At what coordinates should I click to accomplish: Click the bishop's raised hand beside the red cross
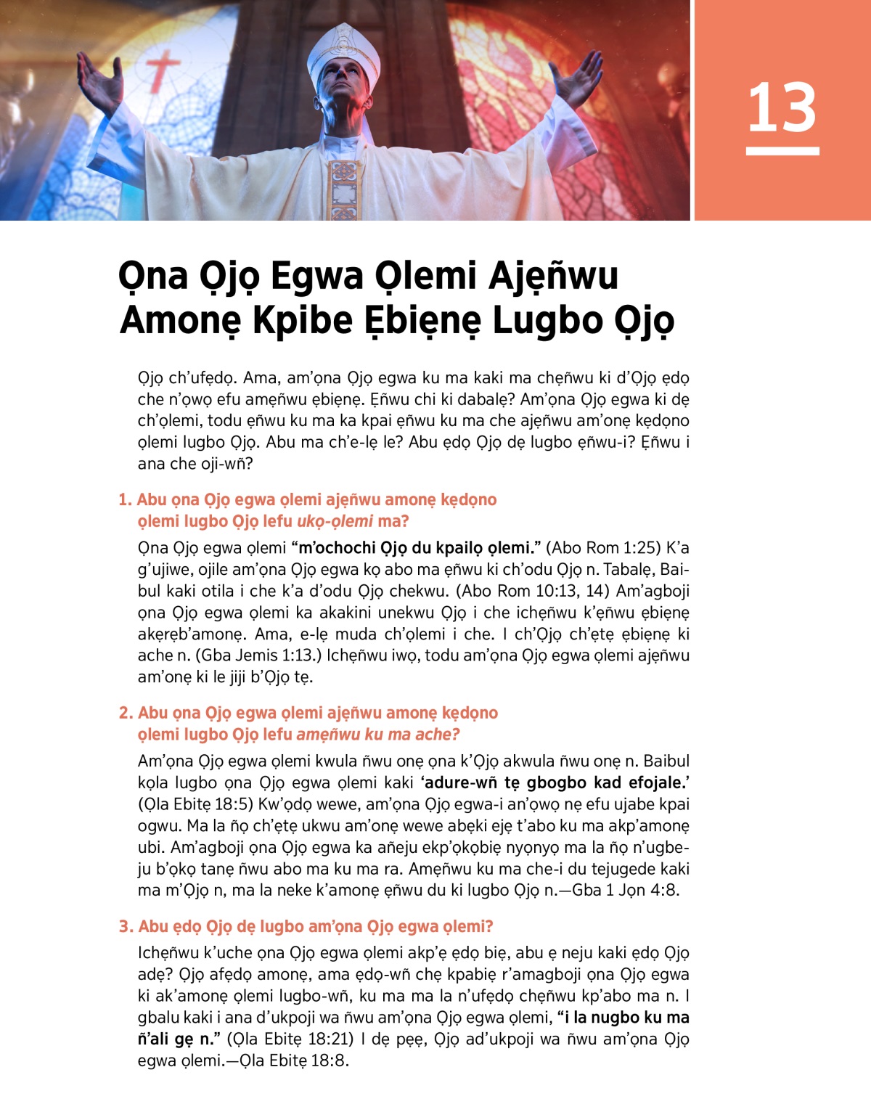click(x=102, y=79)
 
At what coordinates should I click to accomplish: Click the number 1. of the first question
click(x=125, y=499)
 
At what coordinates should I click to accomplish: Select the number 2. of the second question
click(x=126, y=713)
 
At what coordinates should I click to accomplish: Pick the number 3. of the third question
click(x=126, y=926)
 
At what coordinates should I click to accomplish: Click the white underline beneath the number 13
click(x=782, y=151)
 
